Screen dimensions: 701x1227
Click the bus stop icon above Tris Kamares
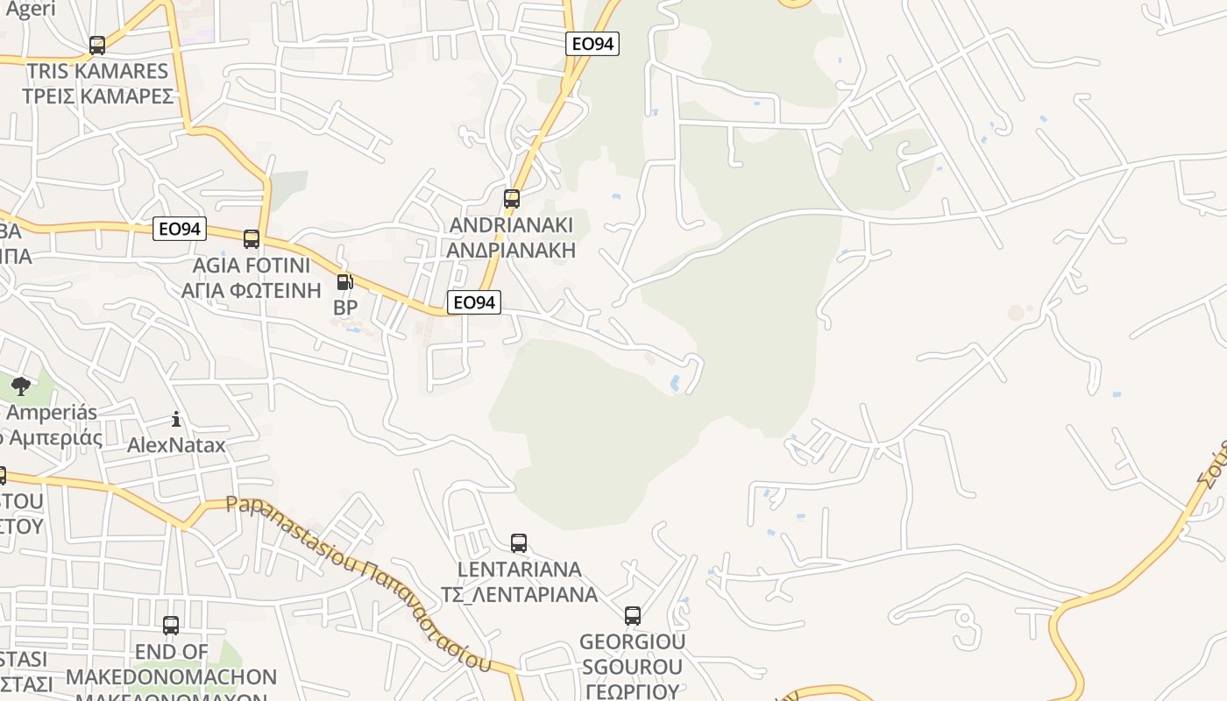coord(97,45)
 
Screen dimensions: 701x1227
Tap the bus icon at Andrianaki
coord(512,199)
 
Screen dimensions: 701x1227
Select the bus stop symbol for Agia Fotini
coord(252,238)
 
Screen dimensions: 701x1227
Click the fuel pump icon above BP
coord(344,282)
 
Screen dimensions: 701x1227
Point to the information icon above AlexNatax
coord(176,420)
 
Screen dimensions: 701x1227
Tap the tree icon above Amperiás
coord(20,386)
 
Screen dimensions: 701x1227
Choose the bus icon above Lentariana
coord(519,543)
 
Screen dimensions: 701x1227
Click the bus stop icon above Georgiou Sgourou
coord(633,616)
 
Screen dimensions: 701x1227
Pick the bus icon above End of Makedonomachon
coord(171,626)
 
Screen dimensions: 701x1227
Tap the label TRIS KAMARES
coord(97,71)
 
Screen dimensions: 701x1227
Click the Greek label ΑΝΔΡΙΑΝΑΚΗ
coord(511,251)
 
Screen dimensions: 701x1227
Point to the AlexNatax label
coord(176,445)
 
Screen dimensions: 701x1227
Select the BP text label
coord(345,308)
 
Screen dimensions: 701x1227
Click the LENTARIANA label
coord(519,570)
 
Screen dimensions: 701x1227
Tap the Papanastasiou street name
coord(289,535)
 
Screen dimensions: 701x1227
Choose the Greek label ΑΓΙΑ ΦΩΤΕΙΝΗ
coord(252,290)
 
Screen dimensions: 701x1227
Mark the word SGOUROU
coord(633,667)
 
